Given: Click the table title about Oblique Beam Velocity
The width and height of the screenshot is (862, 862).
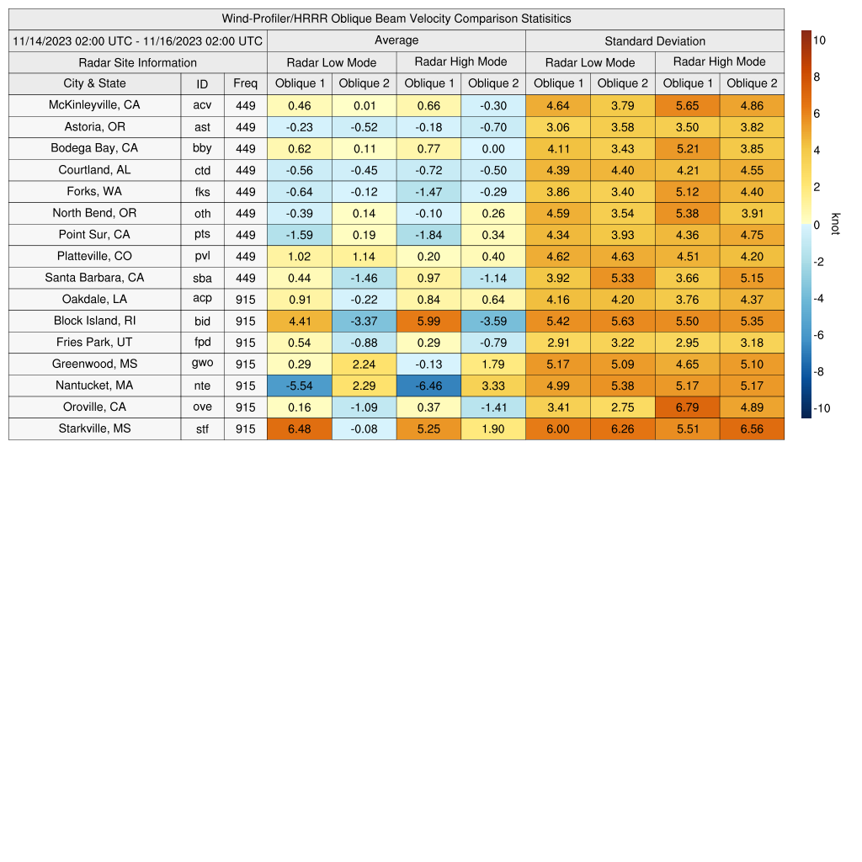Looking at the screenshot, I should click(x=396, y=19).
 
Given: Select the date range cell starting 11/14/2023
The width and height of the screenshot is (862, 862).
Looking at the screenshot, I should click(x=138, y=40).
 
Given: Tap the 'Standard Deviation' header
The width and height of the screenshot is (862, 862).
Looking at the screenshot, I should click(x=654, y=40).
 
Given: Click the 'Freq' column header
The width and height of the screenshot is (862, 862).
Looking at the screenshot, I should click(x=245, y=83).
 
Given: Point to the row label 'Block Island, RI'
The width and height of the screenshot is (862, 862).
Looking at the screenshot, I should click(x=94, y=321).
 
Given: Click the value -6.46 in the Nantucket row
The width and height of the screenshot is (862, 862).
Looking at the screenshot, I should click(x=428, y=386).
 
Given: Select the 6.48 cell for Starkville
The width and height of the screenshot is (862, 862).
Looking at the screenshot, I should click(x=299, y=428).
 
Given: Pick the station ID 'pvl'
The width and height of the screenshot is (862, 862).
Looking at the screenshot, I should click(x=202, y=256).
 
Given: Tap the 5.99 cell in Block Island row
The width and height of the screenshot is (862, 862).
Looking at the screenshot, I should click(x=428, y=321).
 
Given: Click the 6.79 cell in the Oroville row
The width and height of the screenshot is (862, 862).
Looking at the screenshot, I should click(x=687, y=407).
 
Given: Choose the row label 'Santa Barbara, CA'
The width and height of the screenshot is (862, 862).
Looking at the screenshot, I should click(x=94, y=278).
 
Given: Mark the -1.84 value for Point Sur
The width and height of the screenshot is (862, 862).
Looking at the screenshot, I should click(x=428, y=235).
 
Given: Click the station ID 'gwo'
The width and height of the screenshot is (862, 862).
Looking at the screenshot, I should click(x=202, y=364).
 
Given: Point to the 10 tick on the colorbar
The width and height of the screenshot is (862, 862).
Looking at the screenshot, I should click(x=819, y=40).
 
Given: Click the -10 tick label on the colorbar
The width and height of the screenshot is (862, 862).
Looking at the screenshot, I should click(x=822, y=408).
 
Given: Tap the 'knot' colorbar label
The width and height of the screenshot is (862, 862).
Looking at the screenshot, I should click(x=836, y=224).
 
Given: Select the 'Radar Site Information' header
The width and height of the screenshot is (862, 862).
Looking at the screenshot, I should click(x=137, y=62).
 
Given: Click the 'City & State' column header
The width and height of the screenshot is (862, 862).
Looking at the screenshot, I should click(x=94, y=83).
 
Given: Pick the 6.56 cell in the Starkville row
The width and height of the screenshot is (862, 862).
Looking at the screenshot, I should click(x=752, y=428).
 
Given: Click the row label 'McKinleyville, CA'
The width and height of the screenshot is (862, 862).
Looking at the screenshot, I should click(x=94, y=105).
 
